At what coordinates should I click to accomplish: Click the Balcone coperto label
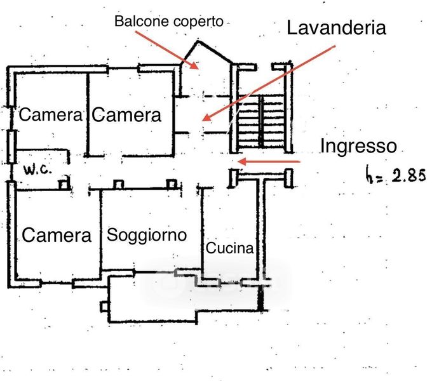pyautogui.click(x=168, y=21)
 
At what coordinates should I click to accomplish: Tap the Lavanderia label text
pyautogui.click(x=337, y=28)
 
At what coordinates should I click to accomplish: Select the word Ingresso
pyautogui.click(x=358, y=146)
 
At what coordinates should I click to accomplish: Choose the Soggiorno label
pyautogui.click(x=147, y=235)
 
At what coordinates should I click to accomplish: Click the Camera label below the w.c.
pyautogui.click(x=57, y=235)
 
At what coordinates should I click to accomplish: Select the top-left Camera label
pyautogui.click(x=51, y=115)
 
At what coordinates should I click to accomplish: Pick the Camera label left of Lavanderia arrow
pyautogui.click(x=127, y=115)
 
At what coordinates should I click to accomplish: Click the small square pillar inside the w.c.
pyautogui.click(x=64, y=184)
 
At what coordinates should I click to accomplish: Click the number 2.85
pyautogui.click(x=407, y=176)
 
